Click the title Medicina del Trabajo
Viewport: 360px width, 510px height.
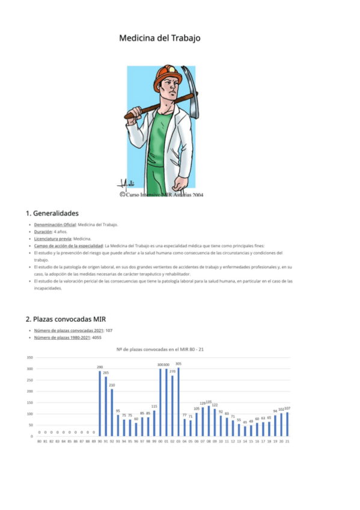(x=159, y=38)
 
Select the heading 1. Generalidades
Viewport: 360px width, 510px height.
(x=52, y=213)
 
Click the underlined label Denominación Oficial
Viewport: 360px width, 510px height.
(x=55, y=224)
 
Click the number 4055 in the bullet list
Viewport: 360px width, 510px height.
(x=97, y=337)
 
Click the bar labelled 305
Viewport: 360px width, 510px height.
(x=178, y=402)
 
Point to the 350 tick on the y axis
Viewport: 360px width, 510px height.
(x=29, y=357)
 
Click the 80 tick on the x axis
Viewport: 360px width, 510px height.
(x=39, y=441)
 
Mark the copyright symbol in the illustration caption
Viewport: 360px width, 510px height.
(x=122, y=195)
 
